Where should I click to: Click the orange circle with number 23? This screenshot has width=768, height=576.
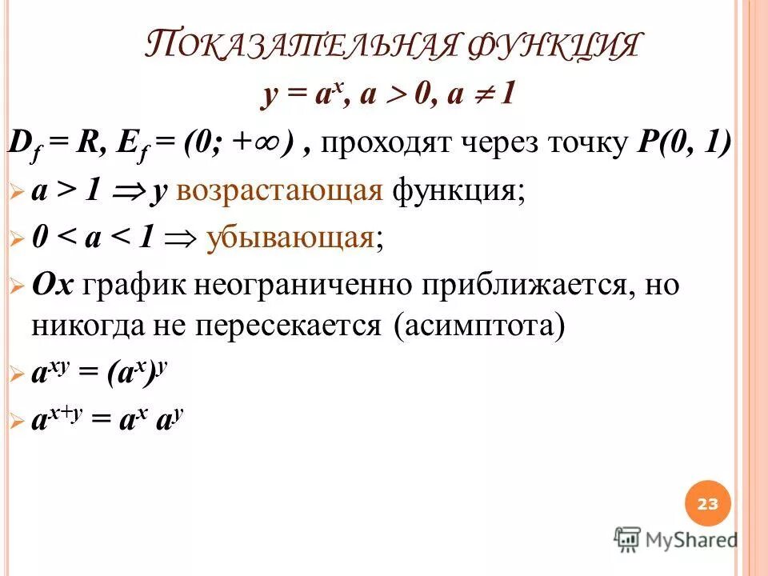coord(708,504)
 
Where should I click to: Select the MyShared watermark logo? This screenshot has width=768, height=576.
coord(676,539)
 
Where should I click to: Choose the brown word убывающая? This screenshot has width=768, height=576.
coord(290,238)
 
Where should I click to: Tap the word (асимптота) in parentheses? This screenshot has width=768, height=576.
coord(479,328)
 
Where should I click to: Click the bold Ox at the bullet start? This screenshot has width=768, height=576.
coord(53,286)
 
